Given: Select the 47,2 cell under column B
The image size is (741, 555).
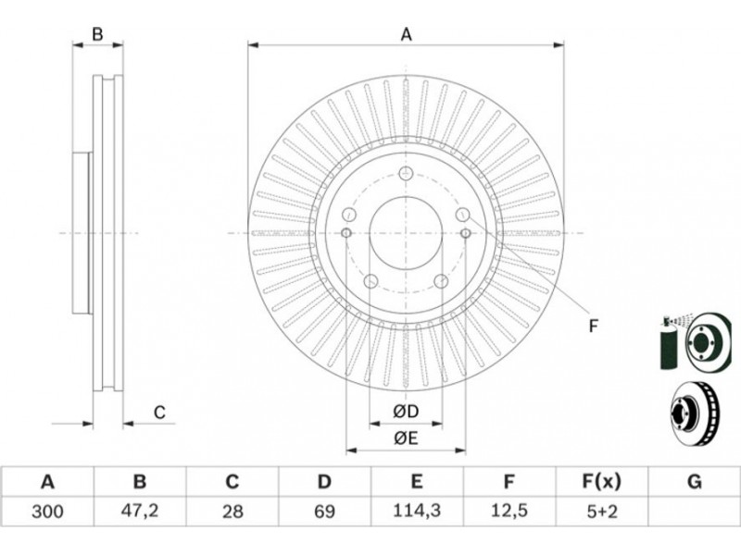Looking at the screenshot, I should [x=139, y=511].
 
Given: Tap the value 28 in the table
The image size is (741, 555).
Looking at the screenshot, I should [x=232, y=511].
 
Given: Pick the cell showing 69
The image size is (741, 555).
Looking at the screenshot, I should [x=324, y=511].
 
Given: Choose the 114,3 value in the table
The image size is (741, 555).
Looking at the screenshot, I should [x=417, y=511].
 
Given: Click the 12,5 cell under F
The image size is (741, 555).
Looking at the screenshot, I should [x=509, y=511].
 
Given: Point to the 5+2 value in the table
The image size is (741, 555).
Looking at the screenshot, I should [x=601, y=511].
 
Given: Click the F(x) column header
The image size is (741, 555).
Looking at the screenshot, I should [x=601, y=482].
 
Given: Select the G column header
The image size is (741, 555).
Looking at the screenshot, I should [x=694, y=482].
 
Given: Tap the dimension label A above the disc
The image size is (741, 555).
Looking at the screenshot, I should [x=406, y=35].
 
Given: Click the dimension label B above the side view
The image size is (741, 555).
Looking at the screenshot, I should [x=96, y=35].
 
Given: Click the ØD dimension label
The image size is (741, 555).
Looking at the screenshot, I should [x=406, y=411].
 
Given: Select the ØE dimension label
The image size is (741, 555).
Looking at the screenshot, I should [x=406, y=438].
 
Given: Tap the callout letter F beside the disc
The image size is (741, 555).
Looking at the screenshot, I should [x=594, y=325].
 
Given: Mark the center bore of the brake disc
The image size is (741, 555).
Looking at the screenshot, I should [x=406, y=233].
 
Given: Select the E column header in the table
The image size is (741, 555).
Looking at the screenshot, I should [x=417, y=482].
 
